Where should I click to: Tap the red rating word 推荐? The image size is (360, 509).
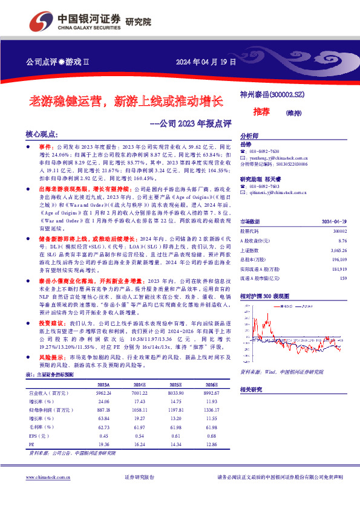pyautogui.click(x=261, y=112)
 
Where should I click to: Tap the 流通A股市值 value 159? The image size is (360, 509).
pyautogui.click(x=343, y=278)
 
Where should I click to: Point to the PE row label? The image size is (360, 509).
pyautogui.click(x=32, y=443)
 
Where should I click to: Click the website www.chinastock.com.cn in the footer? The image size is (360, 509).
pyautogui.click(x=50, y=478)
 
